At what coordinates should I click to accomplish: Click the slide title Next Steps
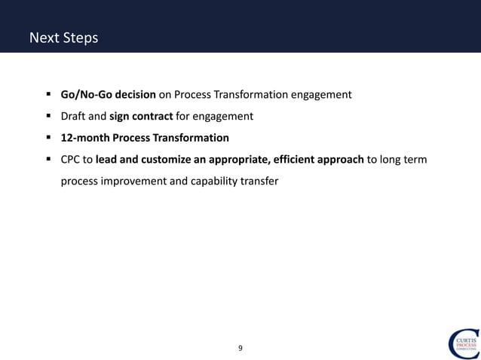(63, 37)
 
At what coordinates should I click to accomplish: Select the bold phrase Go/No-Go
(85, 95)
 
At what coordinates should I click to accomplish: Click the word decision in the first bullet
(135, 95)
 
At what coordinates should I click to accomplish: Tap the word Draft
(75, 117)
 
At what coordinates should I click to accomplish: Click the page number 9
(240, 348)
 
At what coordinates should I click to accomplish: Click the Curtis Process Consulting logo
(461, 343)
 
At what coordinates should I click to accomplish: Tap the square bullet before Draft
(48, 117)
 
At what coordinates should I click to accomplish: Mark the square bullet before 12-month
(48, 139)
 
